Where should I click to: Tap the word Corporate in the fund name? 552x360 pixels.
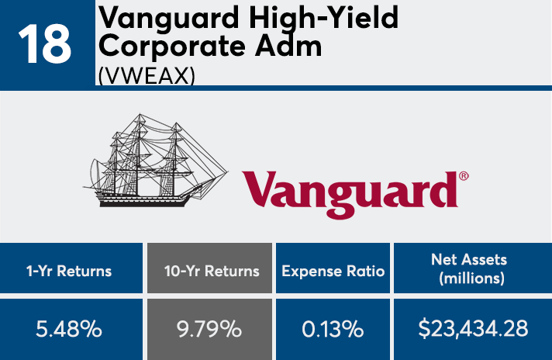click(178, 46)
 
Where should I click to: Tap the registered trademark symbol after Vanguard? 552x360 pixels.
click(464, 176)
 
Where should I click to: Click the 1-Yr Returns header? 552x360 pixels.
click(71, 272)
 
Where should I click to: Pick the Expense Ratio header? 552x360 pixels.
click(334, 272)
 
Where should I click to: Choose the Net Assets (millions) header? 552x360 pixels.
click(473, 272)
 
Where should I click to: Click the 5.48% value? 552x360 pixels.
click(71, 328)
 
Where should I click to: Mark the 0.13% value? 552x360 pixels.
click(334, 328)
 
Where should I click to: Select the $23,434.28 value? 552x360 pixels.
click(473, 328)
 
